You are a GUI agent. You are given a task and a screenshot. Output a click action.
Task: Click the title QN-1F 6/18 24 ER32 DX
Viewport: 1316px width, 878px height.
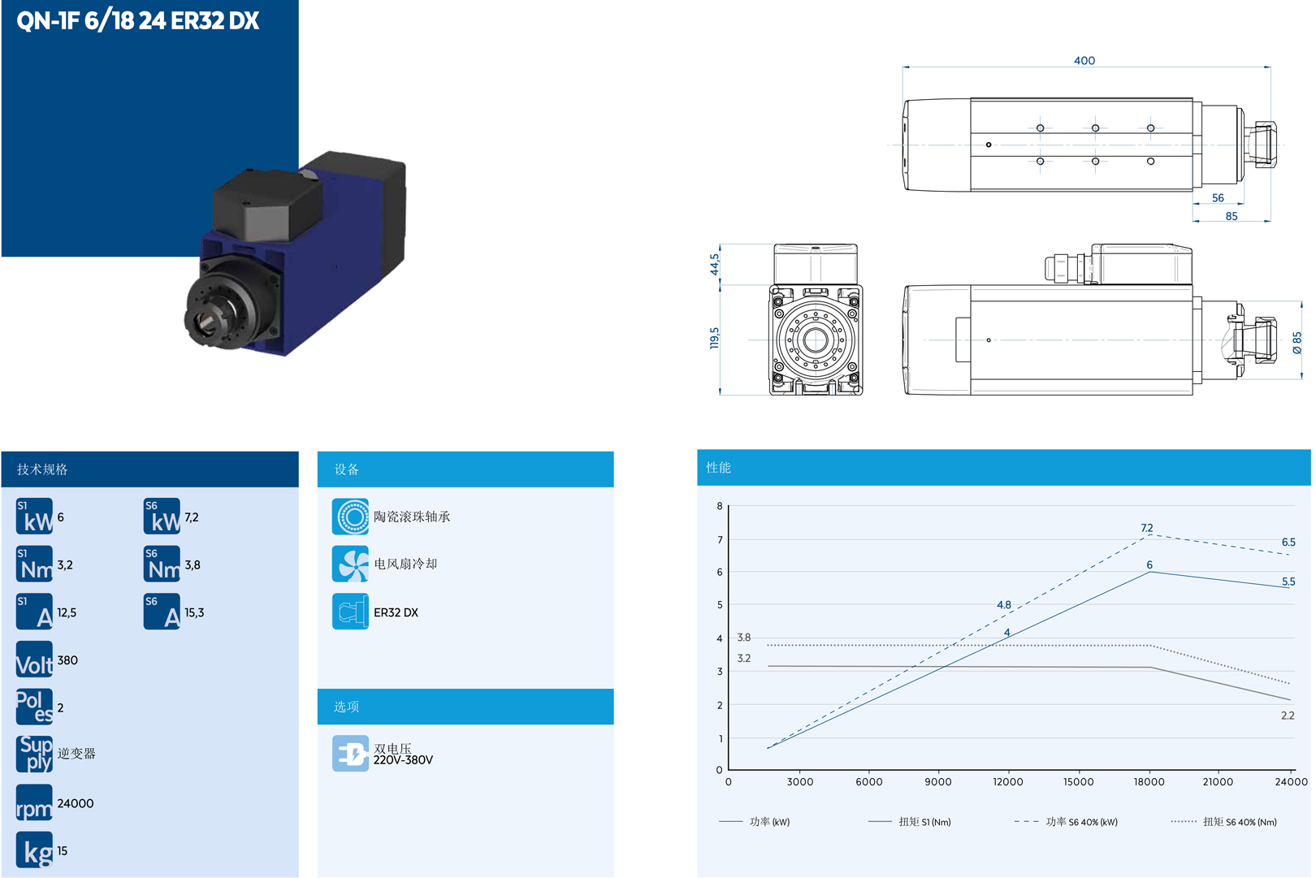pos(137,20)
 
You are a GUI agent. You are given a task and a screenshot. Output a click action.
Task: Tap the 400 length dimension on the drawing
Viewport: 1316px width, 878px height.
pos(1084,61)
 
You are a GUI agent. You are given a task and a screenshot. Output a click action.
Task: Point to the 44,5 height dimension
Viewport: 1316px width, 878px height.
pos(714,264)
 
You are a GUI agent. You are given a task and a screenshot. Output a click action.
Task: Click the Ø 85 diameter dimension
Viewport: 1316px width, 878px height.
pos(1297,342)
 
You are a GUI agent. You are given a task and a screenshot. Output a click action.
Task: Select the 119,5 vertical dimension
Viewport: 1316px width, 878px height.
pos(714,338)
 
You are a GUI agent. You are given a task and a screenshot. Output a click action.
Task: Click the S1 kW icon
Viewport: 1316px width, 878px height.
pos(34,517)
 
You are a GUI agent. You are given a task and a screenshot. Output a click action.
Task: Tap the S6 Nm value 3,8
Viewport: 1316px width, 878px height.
pos(193,565)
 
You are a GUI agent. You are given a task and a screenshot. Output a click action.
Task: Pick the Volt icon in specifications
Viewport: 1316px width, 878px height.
pos(34,660)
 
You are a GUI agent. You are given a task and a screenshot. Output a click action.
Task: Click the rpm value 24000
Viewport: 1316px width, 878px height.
pos(76,803)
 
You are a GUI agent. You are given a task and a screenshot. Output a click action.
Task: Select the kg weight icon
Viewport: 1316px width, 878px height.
pos(34,850)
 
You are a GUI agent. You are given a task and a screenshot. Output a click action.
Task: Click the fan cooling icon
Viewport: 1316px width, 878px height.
pos(350,564)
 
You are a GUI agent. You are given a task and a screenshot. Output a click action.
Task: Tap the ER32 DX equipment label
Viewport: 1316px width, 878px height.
pos(396,612)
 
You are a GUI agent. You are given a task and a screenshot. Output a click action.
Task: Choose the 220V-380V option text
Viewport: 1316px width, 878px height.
pos(403,760)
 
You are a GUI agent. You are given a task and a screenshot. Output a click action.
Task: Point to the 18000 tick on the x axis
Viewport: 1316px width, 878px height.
pos(1149,782)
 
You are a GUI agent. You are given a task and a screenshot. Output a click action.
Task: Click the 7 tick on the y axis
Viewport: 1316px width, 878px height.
pos(720,540)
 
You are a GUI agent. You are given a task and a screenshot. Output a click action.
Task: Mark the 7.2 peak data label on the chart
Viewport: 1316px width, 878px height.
pos(1146,528)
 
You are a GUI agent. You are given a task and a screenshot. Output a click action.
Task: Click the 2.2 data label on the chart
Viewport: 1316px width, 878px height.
pos(1288,716)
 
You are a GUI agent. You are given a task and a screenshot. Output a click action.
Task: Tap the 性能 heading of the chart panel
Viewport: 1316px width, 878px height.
pos(718,468)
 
